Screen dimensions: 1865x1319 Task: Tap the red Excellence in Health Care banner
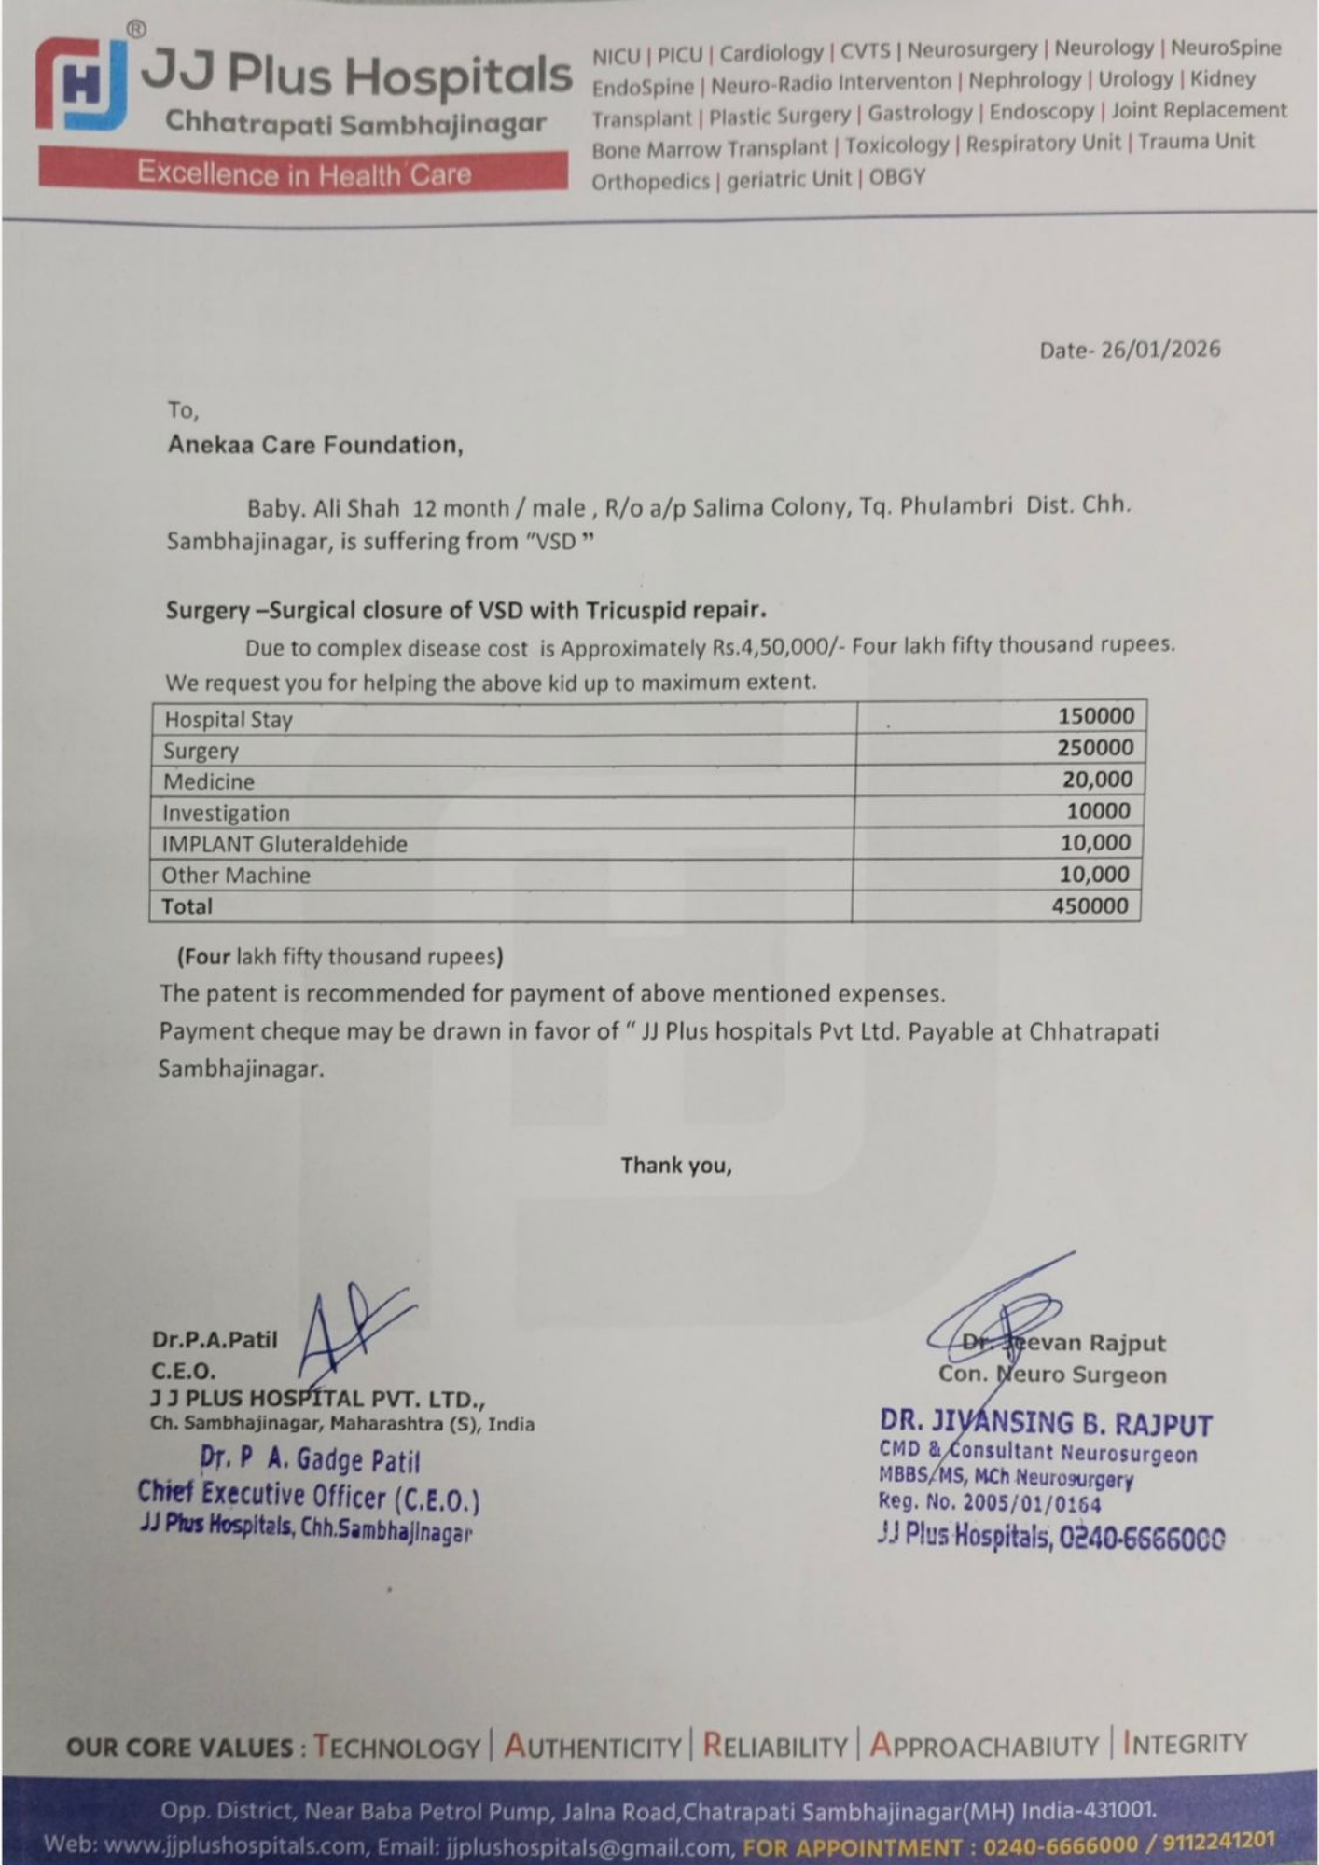pos(303,173)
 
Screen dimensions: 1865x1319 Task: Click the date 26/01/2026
pos(1159,350)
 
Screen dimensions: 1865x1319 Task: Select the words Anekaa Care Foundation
pos(314,445)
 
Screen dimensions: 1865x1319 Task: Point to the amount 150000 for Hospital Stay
pos(1095,716)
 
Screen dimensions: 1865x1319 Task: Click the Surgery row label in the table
pos(201,751)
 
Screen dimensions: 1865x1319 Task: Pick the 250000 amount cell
pos(1094,748)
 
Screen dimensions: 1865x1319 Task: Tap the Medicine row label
pos(208,781)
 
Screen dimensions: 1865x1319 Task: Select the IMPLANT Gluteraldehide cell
pos(285,844)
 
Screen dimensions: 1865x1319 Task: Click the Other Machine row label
pos(235,875)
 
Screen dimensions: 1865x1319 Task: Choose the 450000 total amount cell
pos(1090,905)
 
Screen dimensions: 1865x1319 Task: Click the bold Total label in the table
pos(187,906)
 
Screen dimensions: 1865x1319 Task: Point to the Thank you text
pos(676,1166)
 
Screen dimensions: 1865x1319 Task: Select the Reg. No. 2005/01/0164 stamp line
pos(989,1503)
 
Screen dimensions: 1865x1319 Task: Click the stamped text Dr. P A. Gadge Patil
pos(310,1459)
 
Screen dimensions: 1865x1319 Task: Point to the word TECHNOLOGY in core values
pos(396,1746)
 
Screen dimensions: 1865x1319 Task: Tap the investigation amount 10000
pos(1098,810)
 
